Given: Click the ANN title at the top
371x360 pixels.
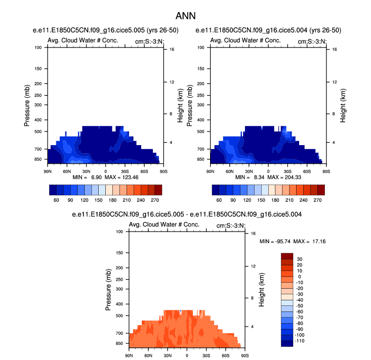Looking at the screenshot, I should [186, 16].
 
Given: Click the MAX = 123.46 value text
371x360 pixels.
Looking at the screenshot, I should [128, 178].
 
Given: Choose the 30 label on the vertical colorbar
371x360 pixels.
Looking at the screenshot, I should [300, 259].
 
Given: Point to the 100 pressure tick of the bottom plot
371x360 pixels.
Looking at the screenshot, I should [120, 232].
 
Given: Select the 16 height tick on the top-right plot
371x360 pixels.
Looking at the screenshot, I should [328, 50].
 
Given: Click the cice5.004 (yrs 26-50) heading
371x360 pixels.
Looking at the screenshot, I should [263, 30].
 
